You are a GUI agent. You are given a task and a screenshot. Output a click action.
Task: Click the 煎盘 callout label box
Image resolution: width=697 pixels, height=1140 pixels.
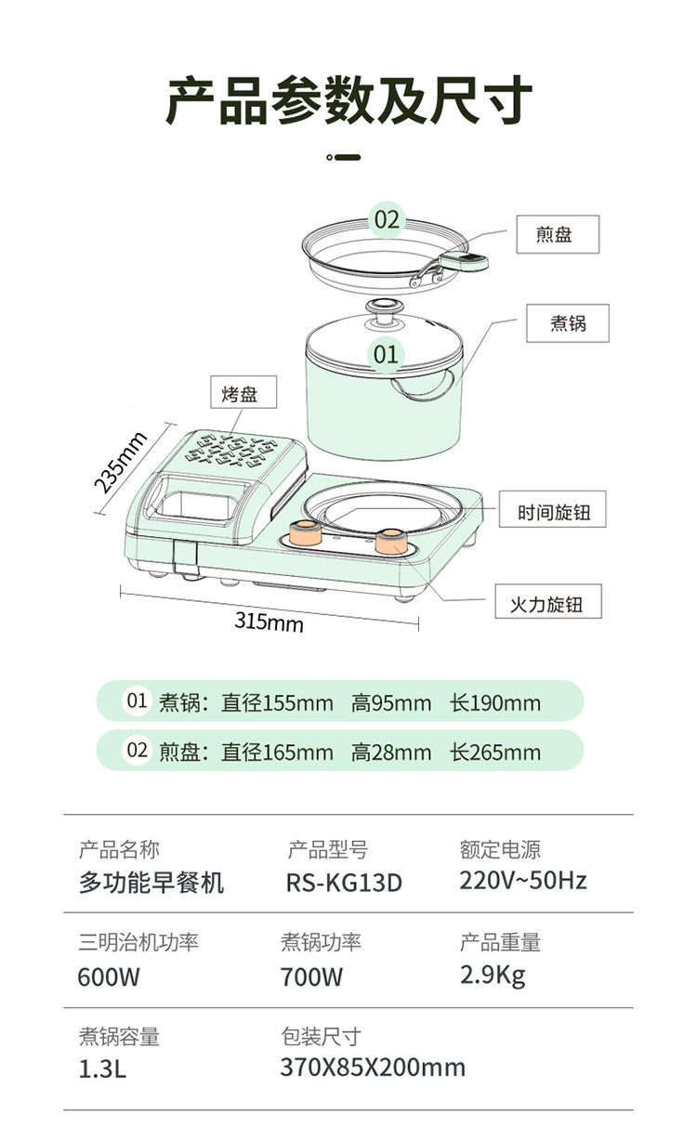click(558, 234)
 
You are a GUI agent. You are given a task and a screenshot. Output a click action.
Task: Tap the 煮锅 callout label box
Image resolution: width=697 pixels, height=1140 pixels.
click(567, 323)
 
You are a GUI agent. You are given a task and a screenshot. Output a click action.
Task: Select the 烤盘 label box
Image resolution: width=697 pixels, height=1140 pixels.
click(243, 392)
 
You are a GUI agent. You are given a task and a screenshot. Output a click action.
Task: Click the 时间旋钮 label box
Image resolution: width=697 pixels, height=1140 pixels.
click(552, 509)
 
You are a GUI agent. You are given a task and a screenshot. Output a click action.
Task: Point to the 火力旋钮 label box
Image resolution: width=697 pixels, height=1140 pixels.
click(548, 601)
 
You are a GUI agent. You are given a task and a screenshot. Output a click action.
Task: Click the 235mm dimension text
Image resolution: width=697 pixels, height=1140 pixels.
click(121, 462)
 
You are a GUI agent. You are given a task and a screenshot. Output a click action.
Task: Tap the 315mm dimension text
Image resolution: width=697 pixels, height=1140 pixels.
click(269, 622)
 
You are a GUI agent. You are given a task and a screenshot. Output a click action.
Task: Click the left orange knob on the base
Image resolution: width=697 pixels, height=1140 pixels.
click(306, 533)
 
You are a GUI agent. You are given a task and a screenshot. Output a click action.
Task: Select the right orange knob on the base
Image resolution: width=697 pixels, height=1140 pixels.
click(391, 541)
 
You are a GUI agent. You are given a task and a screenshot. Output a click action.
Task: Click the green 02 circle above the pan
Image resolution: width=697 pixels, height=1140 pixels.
click(387, 219)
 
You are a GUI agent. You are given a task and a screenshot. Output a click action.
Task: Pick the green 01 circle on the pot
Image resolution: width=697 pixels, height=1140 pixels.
click(386, 354)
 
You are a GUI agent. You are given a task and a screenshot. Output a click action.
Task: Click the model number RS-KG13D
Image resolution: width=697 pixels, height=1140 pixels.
click(344, 883)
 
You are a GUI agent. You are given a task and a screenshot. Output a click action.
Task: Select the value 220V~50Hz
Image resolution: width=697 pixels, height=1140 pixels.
click(523, 881)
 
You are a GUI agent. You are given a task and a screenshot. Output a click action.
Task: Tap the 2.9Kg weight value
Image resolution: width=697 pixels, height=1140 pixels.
click(493, 976)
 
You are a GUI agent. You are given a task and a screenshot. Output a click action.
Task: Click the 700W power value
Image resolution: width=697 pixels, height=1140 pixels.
click(311, 977)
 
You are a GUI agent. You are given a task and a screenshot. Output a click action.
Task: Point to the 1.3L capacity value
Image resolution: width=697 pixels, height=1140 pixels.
click(102, 1069)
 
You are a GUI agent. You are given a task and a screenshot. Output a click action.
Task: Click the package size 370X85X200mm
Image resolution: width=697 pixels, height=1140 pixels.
click(373, 1068)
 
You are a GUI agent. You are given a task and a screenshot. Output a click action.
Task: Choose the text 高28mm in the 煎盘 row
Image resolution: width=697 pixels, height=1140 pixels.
click(391, 753)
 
